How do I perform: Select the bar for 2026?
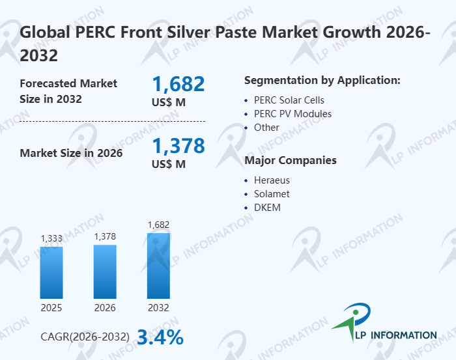point(105,271)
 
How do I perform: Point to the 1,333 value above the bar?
point(51,239)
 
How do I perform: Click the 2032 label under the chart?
point(158,307)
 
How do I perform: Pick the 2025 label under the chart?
point(51,307)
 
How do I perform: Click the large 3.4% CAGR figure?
point(160,337)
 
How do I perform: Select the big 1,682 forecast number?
point(178,84)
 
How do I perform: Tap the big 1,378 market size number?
point(178,146)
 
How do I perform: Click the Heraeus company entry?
point(272,180)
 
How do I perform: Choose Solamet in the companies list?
point(272,194)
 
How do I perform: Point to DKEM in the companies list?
point(267,208)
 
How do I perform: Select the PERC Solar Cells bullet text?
point(289,100)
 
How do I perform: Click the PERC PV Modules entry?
point(292,114)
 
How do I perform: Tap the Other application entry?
point(266,128)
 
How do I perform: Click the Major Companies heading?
point(291,160)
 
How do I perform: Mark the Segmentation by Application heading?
point(322,81)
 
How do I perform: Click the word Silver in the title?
point(202,32)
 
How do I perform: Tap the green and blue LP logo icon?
point(352,323)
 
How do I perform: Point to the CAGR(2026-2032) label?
point(85,337)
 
